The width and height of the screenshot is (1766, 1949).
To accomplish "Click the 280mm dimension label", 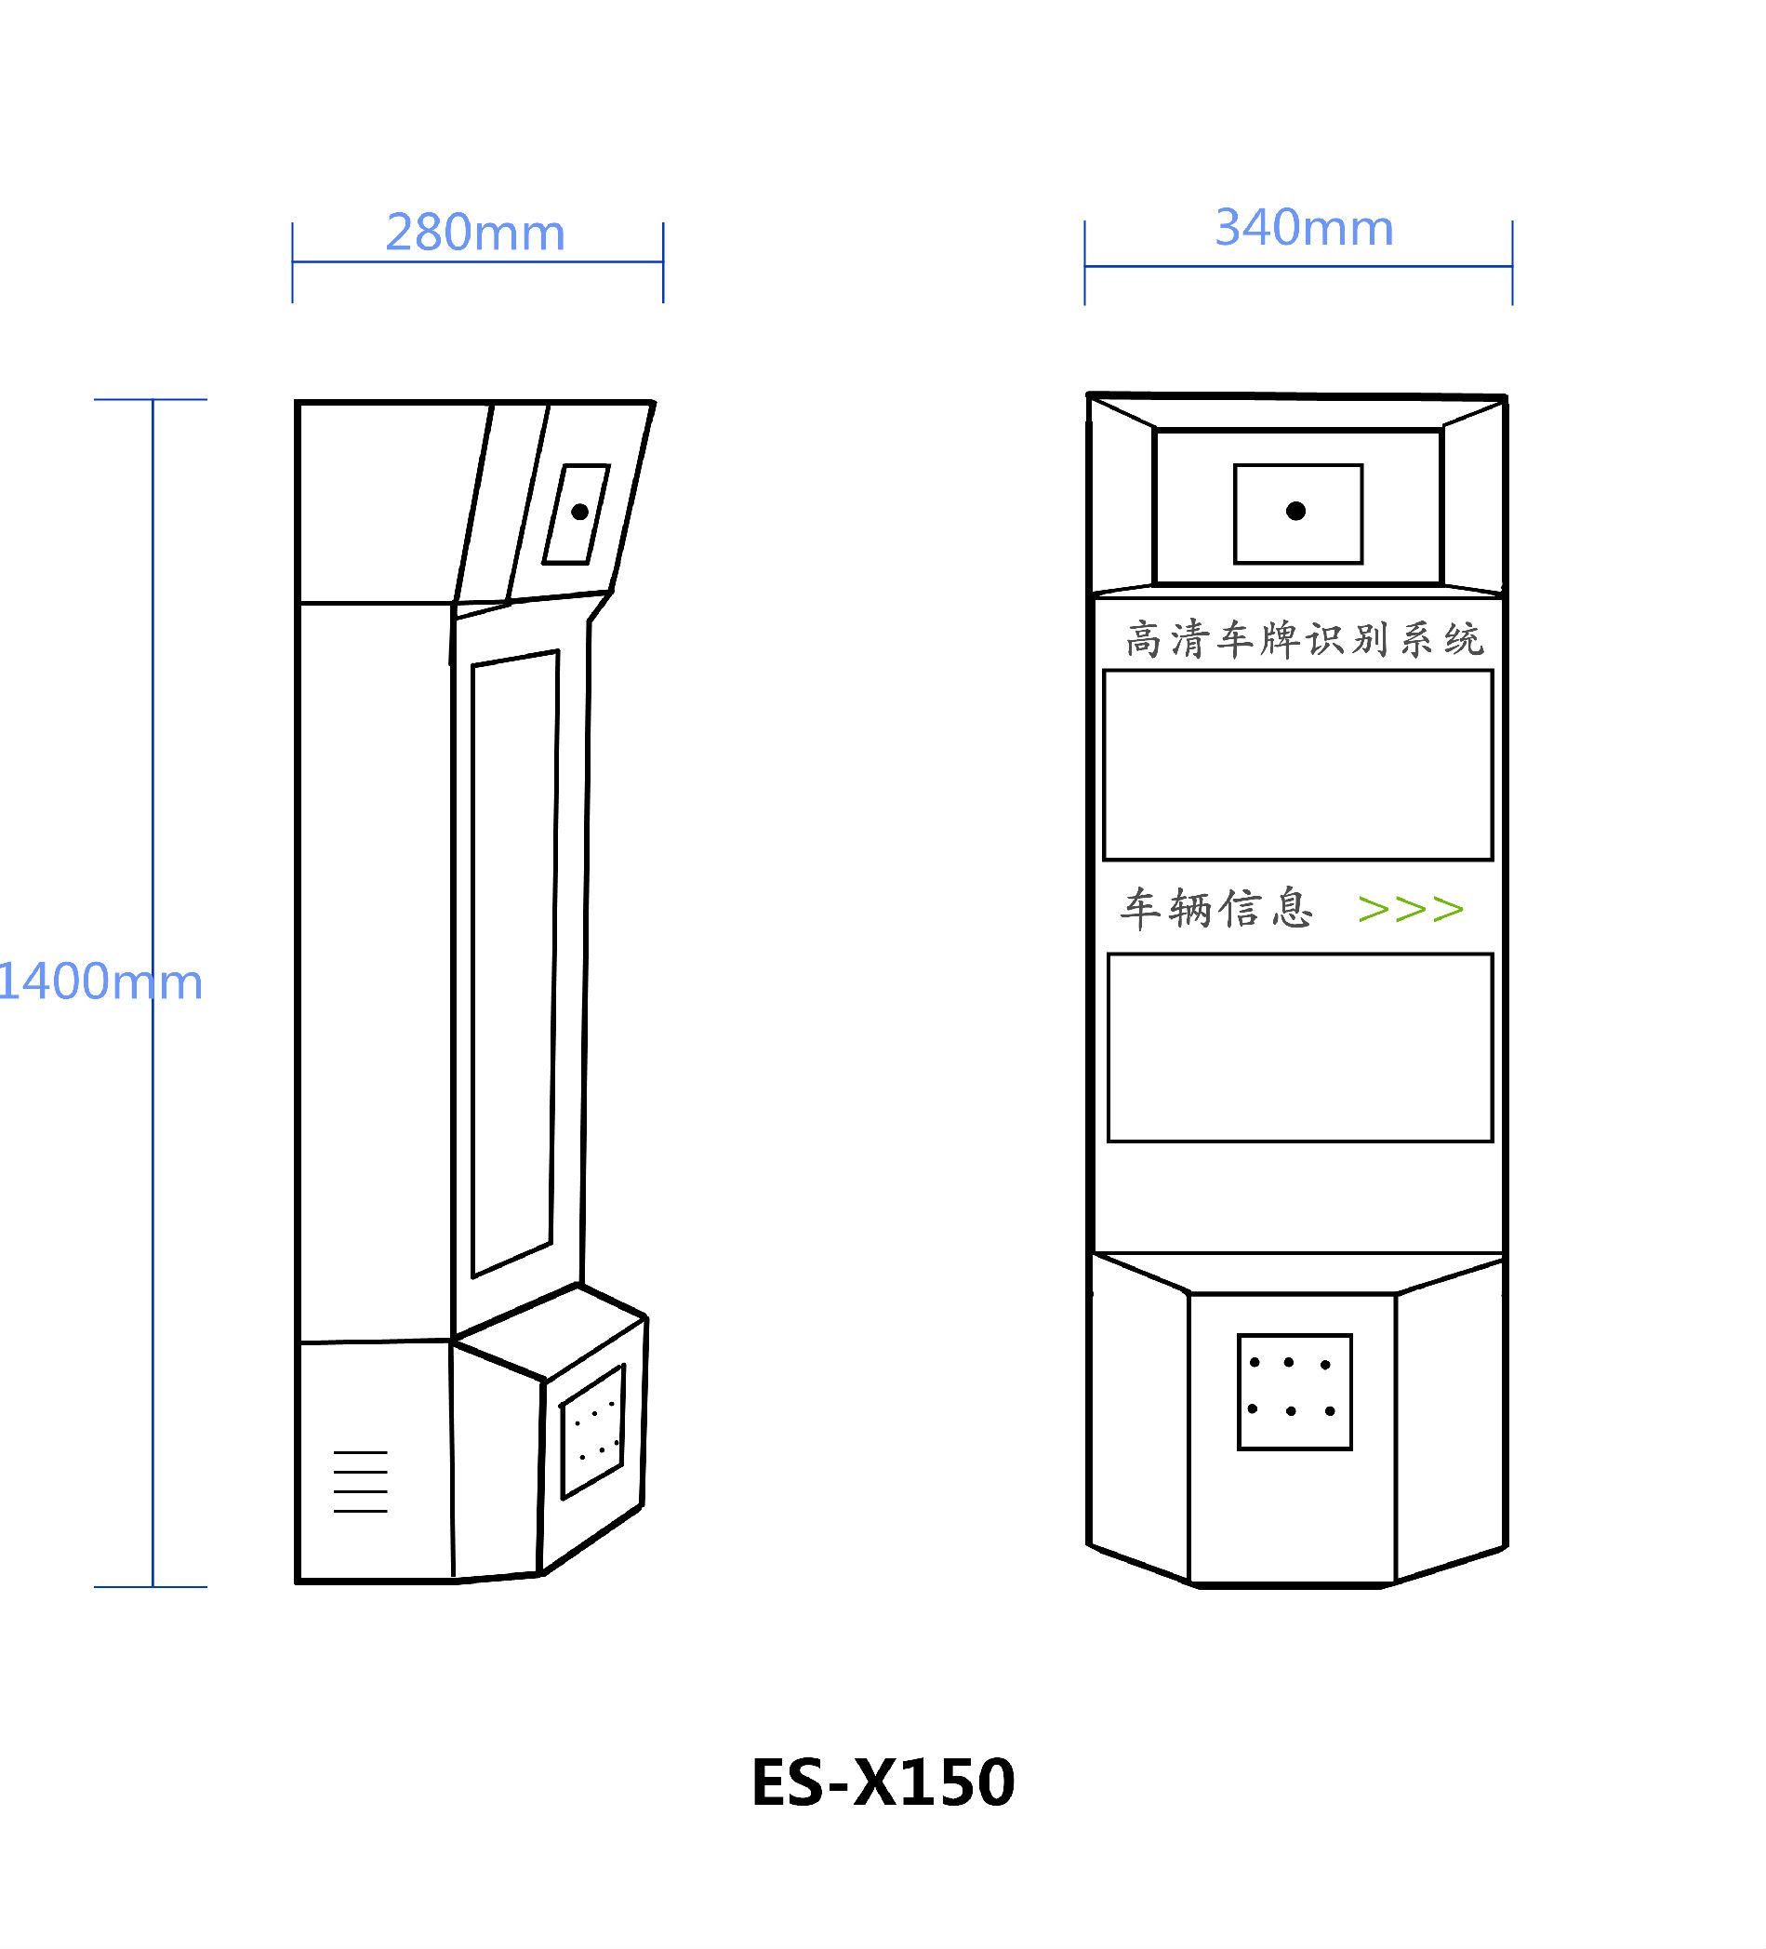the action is (474, 233).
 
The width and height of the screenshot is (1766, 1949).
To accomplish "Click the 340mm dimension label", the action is (1303, 228).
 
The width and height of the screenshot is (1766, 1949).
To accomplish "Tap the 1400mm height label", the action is (100, 981).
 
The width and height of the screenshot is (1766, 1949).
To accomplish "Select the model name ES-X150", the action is (883, 1782).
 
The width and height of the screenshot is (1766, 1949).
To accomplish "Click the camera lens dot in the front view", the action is (1295, 512).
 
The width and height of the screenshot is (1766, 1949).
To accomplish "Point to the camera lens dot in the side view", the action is (579, 513).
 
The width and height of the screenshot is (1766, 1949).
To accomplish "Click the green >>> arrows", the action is (1409, 909).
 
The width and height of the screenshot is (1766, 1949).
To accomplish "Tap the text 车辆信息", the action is (1216, 909).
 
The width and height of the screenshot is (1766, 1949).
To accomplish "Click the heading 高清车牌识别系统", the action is (1303, 640).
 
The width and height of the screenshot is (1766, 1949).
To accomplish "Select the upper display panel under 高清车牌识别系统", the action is (1297, 765).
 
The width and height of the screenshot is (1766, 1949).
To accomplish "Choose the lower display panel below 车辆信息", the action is (1299, 1048).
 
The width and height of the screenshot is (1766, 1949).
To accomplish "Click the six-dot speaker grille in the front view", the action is (1294, 1392).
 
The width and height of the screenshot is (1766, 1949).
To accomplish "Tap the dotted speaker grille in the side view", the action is (592, 1432).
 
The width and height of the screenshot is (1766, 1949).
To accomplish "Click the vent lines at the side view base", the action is (360, 1481).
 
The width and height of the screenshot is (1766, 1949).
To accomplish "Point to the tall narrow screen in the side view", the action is (514, 964).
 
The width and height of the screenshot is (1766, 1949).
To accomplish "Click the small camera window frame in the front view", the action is (1297, 514).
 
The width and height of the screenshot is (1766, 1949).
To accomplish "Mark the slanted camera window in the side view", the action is (576, 514).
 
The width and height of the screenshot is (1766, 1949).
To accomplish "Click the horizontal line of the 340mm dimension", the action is (1297, 266).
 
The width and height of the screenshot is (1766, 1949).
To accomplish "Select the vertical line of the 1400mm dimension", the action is (153, 993).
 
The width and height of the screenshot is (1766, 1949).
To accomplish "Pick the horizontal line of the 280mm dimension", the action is (477, 261).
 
